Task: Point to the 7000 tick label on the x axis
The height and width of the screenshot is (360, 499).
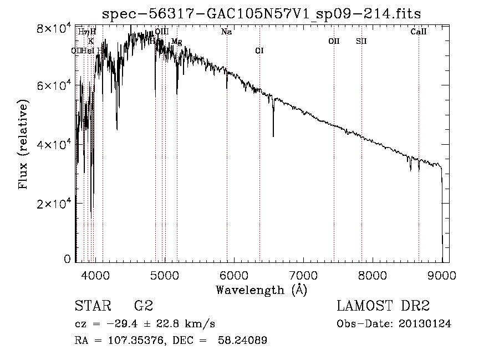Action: coord(303,275)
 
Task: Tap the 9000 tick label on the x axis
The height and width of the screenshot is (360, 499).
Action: coord(442,275)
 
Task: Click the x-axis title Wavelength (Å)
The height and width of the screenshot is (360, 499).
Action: coord(261,290)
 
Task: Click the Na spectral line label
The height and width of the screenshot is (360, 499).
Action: coord(226,32)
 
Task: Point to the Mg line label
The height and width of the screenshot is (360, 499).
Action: coord(176,42)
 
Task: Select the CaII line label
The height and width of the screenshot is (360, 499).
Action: coord(419,32)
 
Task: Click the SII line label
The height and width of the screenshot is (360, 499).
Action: coord(361,41)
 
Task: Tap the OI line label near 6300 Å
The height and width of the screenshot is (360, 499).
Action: coord(259,51)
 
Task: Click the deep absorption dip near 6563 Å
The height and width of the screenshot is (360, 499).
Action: coord(273,133)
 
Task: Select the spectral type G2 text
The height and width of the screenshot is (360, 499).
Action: coord(144,306)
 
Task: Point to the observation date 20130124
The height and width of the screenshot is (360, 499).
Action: coord(425,324)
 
